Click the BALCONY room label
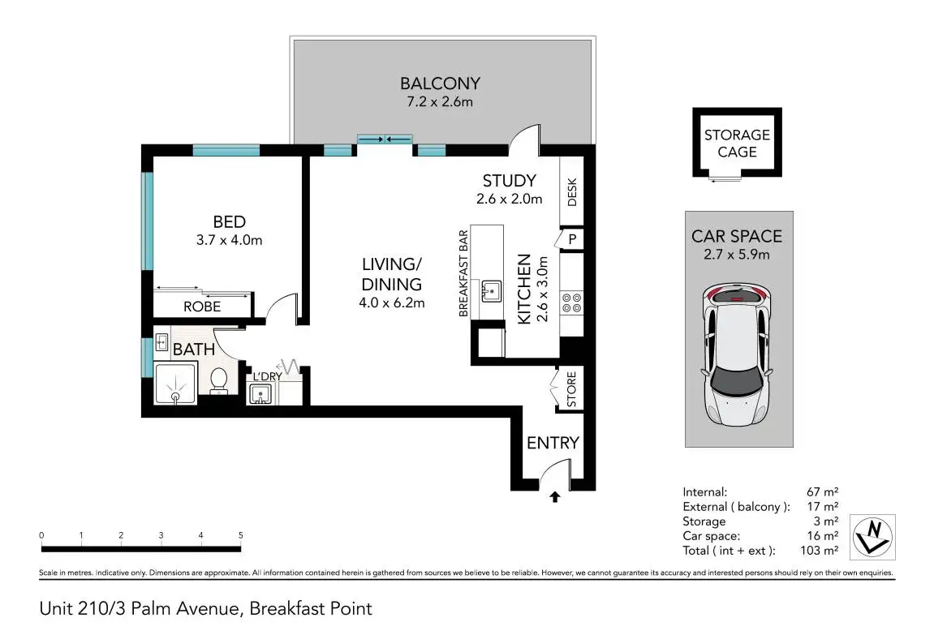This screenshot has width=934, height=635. click(440, 84)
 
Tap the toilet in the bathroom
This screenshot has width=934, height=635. click(218, 381)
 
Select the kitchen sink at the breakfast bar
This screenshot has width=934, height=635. click(492, 292)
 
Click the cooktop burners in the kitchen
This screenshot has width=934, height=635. click(572, 303)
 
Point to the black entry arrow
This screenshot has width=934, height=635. click(554, 496)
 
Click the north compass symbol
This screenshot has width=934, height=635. click(872, 537)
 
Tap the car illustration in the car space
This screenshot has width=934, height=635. click(737, 354)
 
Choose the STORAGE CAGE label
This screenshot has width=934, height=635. click(737, 144)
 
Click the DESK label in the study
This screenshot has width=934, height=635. click(572, 192)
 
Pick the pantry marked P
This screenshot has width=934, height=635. click(572, 239)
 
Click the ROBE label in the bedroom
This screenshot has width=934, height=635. click(202, 307)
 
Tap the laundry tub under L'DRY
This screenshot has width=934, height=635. click(260, 394)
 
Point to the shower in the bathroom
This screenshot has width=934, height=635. click(175, 384)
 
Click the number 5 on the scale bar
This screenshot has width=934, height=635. click(241, 535)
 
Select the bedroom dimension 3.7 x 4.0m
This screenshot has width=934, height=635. click(230, 240)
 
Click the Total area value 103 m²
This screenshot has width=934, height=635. click(819, 551)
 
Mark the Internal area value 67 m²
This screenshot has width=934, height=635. click(823, 492)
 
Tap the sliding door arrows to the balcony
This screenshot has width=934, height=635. click(385, 139)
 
